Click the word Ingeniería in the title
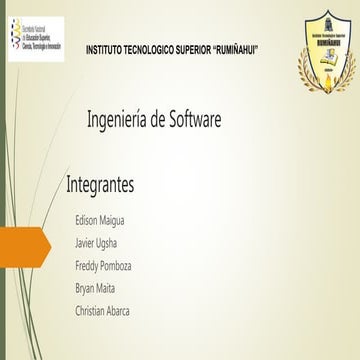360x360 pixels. [119, 121]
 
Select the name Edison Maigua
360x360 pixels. [100, 219]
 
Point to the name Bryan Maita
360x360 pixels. [95, 288]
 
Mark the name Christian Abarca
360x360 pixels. [102, 311]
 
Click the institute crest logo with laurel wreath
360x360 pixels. [327, 61]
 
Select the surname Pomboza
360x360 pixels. [117, 265]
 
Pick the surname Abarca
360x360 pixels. [116, 311]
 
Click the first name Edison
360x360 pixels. [87, 219]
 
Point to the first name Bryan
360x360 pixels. [85, 288]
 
